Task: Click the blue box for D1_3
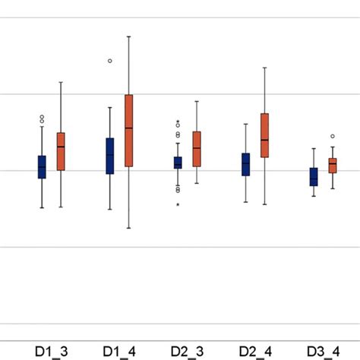click(42, 166)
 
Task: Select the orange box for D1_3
click(61, 151)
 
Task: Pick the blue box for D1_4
click(110, 156)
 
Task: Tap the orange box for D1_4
click(129, 131)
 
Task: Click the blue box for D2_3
click(178, 163)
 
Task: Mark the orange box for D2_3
click(197, 149)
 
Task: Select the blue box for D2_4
click(245, 164)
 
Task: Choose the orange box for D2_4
click(264, 135)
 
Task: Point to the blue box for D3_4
click(313, 176)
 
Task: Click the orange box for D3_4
click(332, 166)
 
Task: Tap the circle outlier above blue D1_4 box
click(110, 60)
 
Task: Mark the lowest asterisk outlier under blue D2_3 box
click(178, 204)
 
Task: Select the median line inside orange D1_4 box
click(129, 128)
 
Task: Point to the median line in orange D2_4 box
click(264, 140)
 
